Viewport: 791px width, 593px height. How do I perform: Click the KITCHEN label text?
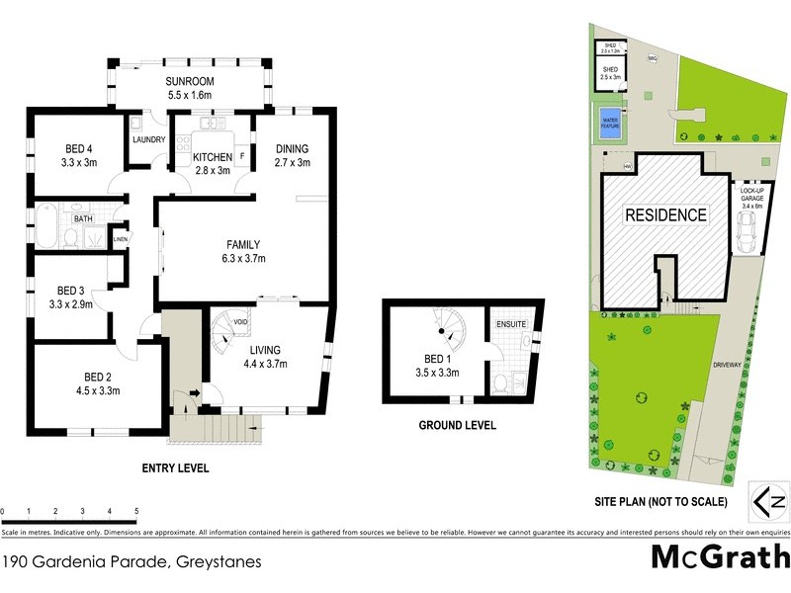(212, 157)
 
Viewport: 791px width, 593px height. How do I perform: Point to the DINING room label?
(291, 149)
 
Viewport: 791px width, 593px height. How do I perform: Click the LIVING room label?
(265, 350)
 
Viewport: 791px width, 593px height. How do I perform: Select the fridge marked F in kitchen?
(242, 155)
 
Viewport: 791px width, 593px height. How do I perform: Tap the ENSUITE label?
(509, 323)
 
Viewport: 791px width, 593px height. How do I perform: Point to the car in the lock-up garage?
(747, 234)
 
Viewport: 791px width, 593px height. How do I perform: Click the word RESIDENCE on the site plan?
(665, 214)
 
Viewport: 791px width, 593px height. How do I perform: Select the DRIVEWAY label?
(727, 365)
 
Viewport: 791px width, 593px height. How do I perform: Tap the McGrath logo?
(721, 556)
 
